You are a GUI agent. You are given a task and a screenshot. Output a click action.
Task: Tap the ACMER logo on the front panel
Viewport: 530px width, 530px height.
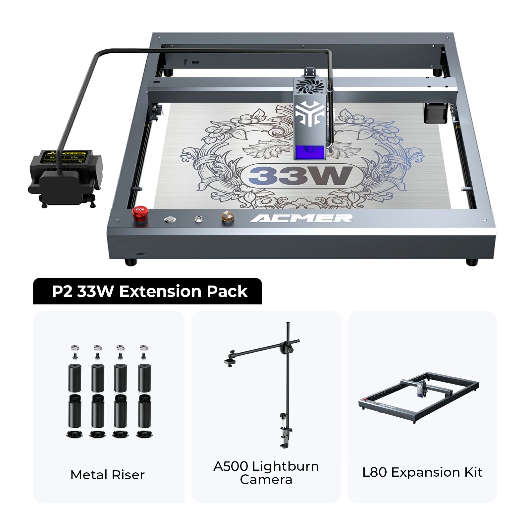pos(301,218)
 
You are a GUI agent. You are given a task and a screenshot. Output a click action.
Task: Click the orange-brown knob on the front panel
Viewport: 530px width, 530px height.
pos(228,217)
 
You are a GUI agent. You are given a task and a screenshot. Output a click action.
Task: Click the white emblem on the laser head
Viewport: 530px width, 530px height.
pos(309,113)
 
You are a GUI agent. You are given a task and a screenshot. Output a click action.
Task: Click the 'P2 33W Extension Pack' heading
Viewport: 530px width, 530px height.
pos(149,291)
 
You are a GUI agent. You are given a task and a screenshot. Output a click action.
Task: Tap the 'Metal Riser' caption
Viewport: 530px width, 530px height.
pos(107,475)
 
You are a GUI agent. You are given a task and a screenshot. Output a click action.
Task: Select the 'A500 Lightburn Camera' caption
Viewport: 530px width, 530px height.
pos(266,473)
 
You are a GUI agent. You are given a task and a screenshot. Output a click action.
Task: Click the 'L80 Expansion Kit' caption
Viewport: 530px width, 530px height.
pos(422,472)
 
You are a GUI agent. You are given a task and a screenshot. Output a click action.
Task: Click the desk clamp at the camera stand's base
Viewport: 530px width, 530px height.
pos(285,431)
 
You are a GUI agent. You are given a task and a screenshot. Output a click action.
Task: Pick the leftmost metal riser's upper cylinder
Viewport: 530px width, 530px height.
pos(75,378)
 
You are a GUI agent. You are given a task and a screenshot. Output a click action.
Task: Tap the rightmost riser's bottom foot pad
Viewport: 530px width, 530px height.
pos(144,434)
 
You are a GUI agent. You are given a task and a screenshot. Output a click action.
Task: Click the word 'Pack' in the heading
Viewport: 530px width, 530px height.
pos(227,291)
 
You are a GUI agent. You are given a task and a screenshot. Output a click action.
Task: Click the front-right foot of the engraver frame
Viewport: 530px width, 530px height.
pos(472,262)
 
